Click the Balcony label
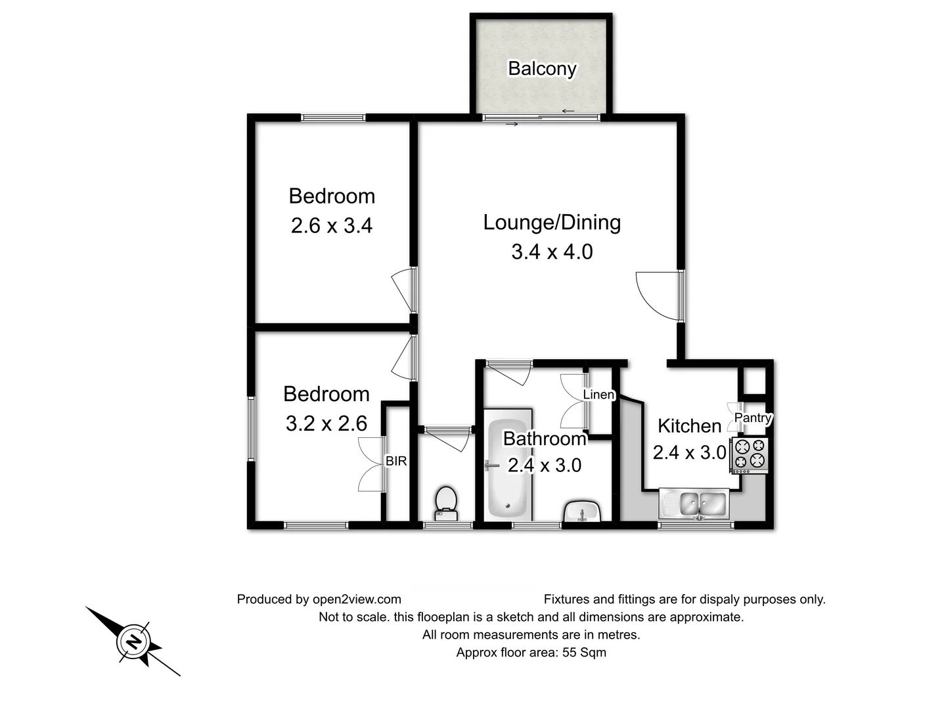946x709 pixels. (542, 68)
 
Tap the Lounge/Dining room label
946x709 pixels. (552, 223)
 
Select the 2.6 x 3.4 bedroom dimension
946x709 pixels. (331, 226)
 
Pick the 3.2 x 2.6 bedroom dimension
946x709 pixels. (326, 423)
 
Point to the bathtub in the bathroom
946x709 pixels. (507, 467)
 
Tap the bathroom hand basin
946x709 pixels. (582, 511)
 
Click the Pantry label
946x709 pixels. (753, 418)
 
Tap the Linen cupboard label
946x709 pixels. (598, 395)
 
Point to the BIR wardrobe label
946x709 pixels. (396, 462)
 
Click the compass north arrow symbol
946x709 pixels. (133, 641)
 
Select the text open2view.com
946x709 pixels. (357, 599)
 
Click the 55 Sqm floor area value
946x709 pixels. (584, 653)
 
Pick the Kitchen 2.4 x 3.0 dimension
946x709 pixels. (689, 452)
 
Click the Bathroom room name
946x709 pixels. (544, 439)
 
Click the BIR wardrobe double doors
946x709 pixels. (371, 464)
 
